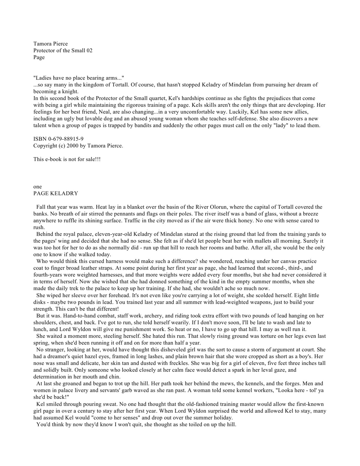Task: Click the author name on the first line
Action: pyautogui.click(x=50, y=44)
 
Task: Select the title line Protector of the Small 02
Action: pyautogui.click(x=63, y=50)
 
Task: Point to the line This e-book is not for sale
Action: pyautogui.click(x=67, y=159)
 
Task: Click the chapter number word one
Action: pyautogui.click(x=37, y=187)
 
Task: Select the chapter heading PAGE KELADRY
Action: pyautogui.click(x=55, y=194)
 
